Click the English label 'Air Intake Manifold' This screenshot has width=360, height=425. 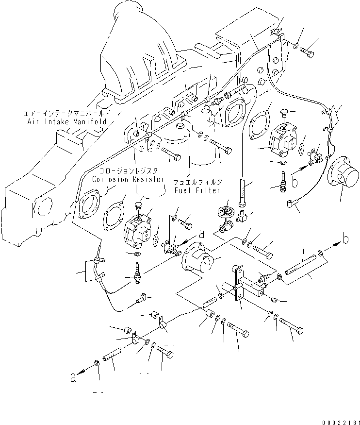(66, 121)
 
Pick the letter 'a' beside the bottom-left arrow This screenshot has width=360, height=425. (73, 377)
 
